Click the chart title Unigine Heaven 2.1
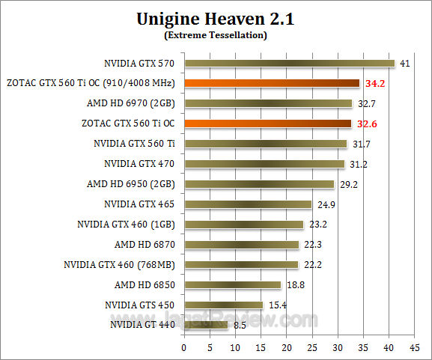coord(216,19)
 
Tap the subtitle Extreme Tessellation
coord(216,34)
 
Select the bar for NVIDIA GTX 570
coord(289,63)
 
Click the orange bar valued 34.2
coord(272,83)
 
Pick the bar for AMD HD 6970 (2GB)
coord(268,103)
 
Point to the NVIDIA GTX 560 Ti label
coord(135,144)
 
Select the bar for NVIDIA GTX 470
coord(264,164)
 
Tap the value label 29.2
coord(347,184)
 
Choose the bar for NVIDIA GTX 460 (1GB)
coord(243,224)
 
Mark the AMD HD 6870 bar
coord(241,244)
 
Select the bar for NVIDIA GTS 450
coord(223,305)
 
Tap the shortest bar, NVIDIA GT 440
coord(206,325)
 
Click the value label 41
coord(405,64)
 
